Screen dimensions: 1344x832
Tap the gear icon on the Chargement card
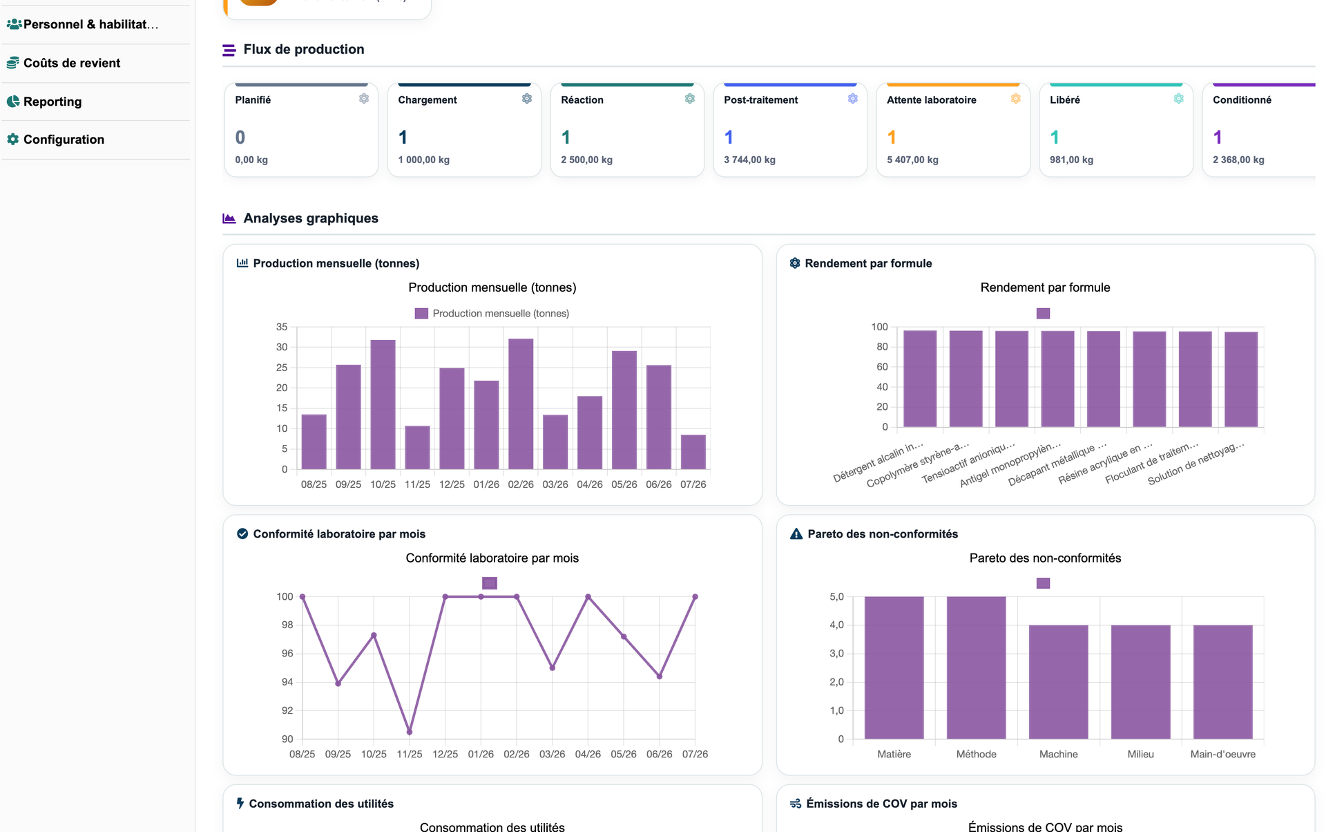pos(527,99)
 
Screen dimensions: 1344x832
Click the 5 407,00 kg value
pos(912,160)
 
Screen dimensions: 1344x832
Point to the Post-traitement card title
pos(760,100)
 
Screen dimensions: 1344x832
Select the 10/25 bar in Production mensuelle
pos(383,404)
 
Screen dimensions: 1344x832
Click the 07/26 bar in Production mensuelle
pos(693,452)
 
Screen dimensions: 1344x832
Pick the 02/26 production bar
pos(521,404)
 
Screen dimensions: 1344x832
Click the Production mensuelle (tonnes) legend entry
pos(492,314)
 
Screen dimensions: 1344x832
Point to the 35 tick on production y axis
pos(282,327)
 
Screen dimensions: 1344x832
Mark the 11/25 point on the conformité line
pos(410,732)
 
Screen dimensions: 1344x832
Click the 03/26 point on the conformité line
pos(553,668)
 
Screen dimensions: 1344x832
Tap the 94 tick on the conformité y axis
pos(287,682)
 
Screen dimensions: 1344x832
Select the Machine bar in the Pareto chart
pos(1058,682)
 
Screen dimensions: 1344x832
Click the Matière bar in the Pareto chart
pos(894,668)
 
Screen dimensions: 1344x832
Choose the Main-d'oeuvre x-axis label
pos(1222,754)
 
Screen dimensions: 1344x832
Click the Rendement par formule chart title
pos(1045,287)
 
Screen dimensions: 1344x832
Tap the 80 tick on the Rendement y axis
pos(882,347)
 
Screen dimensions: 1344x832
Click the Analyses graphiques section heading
pos(311,218)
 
